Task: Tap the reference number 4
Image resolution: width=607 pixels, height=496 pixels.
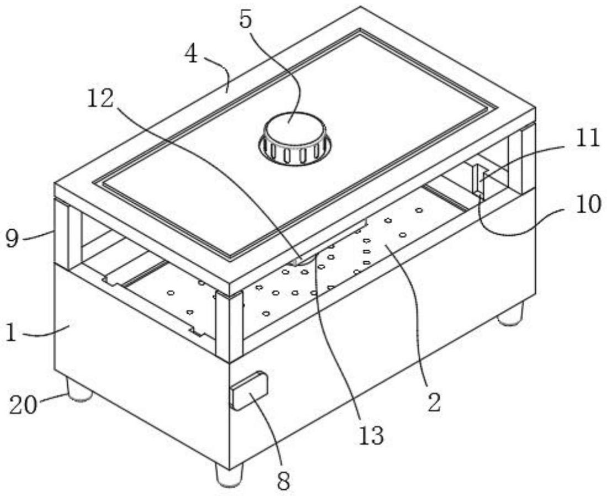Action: (x=191, y=55)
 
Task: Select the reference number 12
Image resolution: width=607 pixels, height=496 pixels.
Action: (x=100, y=99)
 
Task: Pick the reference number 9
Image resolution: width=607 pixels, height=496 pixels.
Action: (x=12, y=239)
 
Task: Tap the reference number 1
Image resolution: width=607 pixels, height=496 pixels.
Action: (x=11, y=333)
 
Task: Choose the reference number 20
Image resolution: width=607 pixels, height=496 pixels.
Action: (x=23, y=406)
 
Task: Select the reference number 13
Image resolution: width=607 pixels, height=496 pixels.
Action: (x=371, y=435)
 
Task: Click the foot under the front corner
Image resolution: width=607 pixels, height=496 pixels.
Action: (x=229, y=475)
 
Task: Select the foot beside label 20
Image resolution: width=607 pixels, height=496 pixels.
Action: (x=79, y=390)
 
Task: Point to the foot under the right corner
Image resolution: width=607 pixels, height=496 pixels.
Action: (x=510, y=314)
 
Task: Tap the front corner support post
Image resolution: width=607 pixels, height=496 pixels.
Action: (x=230, y=326)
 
